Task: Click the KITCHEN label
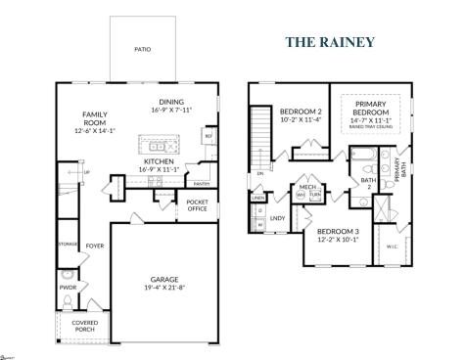tap(159, 160)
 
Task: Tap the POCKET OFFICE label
tap(198, 206)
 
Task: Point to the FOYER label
tap(94, 247)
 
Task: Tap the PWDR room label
tap(68, 288)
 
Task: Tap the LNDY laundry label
tap(277, 218)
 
